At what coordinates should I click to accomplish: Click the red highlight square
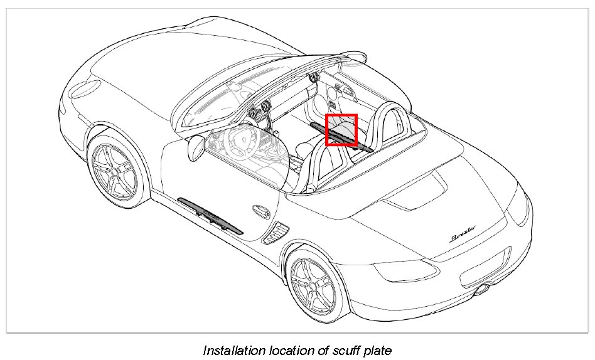tap(341, 130)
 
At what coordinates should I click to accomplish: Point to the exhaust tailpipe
tap(483, 290)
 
